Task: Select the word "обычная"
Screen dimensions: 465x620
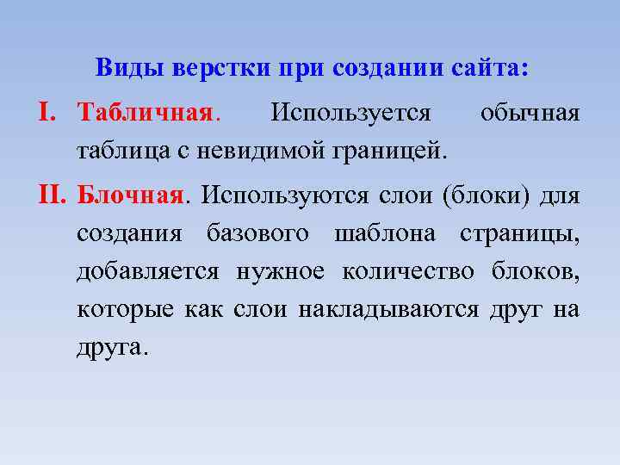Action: point(530,113)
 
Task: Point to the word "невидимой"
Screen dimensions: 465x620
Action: point(257,152)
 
